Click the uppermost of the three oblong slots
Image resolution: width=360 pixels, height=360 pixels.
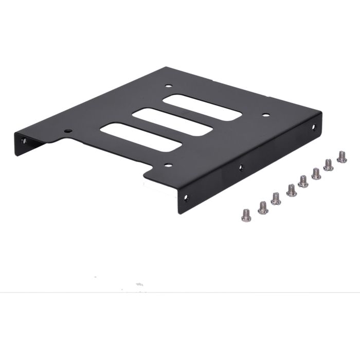[202, 107]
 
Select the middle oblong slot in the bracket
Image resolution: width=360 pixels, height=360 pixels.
[172, 122]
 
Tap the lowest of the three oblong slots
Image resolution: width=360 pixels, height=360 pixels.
[140, 137]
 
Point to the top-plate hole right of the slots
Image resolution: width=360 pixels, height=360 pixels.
[265, 115]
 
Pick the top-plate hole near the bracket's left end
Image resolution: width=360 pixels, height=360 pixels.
[67, 131]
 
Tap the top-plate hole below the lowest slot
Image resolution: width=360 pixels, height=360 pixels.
[167, 166]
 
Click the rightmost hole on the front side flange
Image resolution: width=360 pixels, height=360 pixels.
[314, 128]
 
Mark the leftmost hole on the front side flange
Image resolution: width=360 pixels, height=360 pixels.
[186, 197]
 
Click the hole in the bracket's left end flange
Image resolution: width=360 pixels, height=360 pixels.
[22, 139]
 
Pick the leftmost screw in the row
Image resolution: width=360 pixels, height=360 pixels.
[246, 215]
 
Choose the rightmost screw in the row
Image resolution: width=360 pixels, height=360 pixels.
[341, 156]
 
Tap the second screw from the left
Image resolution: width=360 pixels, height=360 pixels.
[263, 207]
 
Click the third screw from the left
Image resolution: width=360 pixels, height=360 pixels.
[276, 199]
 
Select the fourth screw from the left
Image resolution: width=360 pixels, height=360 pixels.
[291, 190]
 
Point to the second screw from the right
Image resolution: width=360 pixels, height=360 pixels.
[328, 165]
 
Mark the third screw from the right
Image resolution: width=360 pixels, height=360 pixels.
[316, 173]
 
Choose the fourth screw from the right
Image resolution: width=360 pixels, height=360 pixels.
[303, 181]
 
